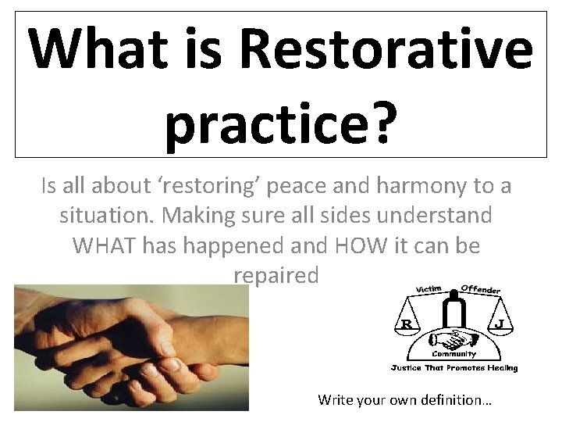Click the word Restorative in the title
pyautogui.click(x=386, y=48)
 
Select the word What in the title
pyautogui.click(x=97, y=48)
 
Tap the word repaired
pyautogui.click(x=276, y=275)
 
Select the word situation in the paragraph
pyautogui.click(x=105, y=216)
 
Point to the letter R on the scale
pyautogui.click(x=406, y=323)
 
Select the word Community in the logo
pyautogui.click(x=454, y=354)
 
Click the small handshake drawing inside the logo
pyautogui.click(x=454, y=340)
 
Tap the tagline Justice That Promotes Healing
pyautogui.click(x=454, y=367)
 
